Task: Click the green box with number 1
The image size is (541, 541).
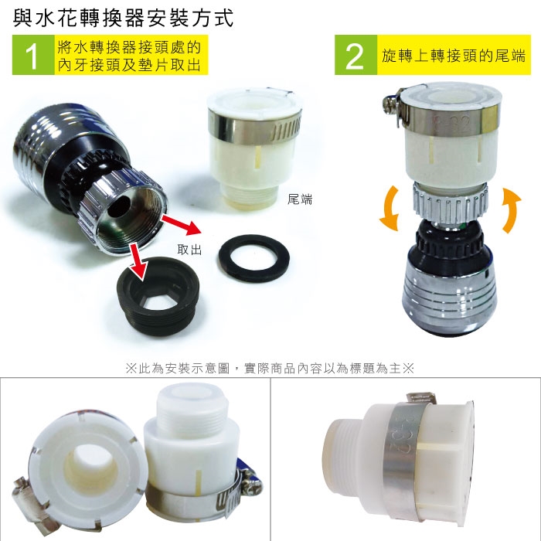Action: [33, 55]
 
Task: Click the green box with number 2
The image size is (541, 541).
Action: [356, 55]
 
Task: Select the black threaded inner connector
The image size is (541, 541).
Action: [158, 296]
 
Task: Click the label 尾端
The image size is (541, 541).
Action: [300, 199]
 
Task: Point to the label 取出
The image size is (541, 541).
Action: [189, 250]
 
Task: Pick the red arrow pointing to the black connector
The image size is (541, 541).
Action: [137, 262]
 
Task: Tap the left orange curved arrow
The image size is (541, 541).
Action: [390, 209]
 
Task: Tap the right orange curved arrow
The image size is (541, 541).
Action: [512, 209]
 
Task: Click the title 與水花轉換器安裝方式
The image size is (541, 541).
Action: [123, 19]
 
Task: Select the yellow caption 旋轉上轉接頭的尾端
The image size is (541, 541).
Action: [454, 55]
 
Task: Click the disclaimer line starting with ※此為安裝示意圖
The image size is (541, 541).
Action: [270, 369]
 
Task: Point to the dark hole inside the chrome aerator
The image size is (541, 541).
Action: [118, 207]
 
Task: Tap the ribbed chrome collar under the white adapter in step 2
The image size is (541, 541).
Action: [451, 202]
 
